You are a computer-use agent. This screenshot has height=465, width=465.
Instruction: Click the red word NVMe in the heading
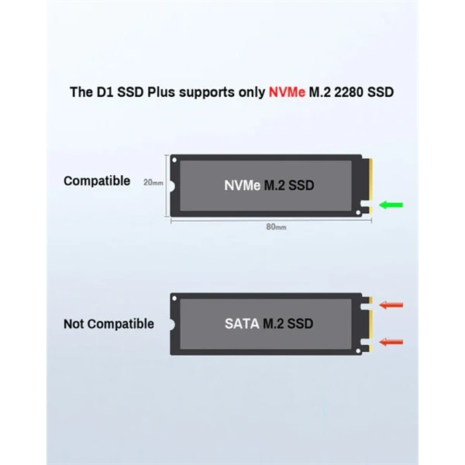[x=286, y=92]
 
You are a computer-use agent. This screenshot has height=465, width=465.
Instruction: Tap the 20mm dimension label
[x=153, y=184]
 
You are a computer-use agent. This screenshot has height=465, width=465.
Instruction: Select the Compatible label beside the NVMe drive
[x=97, y=181]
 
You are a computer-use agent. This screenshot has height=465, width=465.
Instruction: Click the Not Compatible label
[x=108, y=324]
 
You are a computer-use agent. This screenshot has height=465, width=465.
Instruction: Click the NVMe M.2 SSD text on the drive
[x=269, y=186]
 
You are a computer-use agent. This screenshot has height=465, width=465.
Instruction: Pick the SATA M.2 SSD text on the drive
[x=269, y=323]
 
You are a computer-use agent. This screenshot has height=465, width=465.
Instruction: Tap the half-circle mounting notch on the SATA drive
[x=173, y=323]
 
